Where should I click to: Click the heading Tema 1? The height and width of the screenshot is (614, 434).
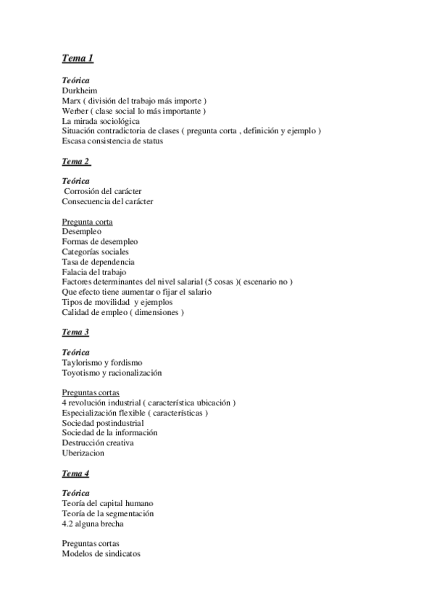pyautogui.click(x=78, y=58)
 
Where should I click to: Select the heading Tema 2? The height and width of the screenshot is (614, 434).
pyautogui.click(x=75, y=161)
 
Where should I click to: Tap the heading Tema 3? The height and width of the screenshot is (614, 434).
pyautogui.click(x=75, y=332)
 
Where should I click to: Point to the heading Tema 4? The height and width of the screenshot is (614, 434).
pyautogui.click(x=75, y=474)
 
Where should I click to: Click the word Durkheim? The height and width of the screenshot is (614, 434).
pyautogui.click(x=80, y=91)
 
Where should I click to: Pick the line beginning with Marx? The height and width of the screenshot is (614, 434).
pyautogui.click(x=134, y=101)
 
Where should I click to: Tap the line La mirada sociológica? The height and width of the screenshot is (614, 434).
pyautogui.click(x=101, y=121)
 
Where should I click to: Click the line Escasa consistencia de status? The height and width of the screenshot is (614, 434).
pyautogui.click(x=112, y=141)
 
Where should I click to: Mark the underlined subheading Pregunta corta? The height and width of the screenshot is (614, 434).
pyautogui.click(x=87, y=222)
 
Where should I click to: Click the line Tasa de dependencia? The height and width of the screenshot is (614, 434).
pyautogui.click(x=98, y=262)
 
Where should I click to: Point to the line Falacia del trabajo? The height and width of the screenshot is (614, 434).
pyautogui.click(x=94, y=272)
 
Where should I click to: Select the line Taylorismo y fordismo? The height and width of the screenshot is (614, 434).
pyautogui.click(x=102, y=363)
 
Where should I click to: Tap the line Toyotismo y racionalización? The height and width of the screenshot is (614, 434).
pyautogui.click(x=112, y=373)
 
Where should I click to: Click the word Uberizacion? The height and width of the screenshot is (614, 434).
pyautogui.click(x=83, y=453)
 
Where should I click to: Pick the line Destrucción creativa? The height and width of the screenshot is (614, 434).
pyautogui.click(x=98, y=443)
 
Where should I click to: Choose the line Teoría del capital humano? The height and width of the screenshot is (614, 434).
pyautogui.click(x=107, y=503)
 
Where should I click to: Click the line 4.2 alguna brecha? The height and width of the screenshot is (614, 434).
pyautogui.click(x=92, y=523)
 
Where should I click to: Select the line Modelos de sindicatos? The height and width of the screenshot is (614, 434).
pyautogui.click(x=101, y=554)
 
